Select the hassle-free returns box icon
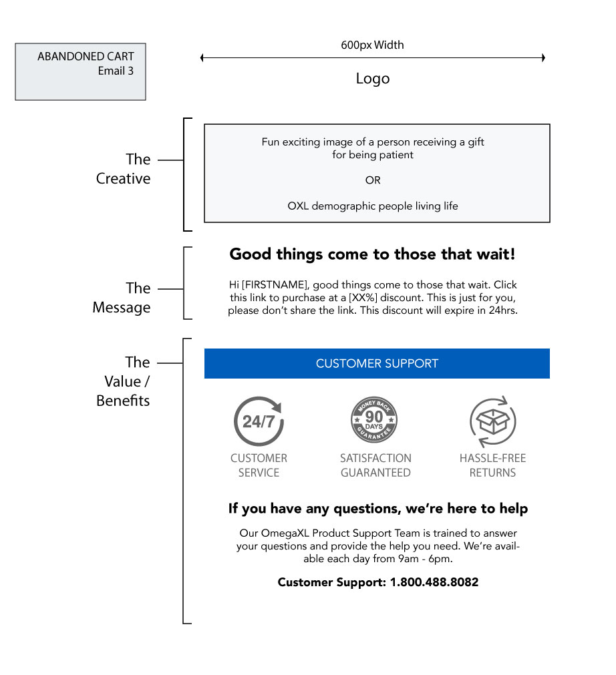pyautogui.click(x=493, y=422)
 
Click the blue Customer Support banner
pyautogui.click(x=377, y=364)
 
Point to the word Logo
pyautogui.click(x=373, y=79)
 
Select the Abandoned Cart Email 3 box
pyautogui.click(x=81, y=71)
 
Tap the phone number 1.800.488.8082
pyautogui.click(x=434, y=582)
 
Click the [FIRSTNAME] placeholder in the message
pyautogui.click(x=275, y=285)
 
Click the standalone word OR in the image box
pyautogui.click(x=373, y=180)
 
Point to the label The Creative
pyautogui.click(x=124, y=169)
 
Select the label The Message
pyautogui.click(x=122, y=298)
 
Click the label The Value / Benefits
pyautogui.click(x=123, y=381)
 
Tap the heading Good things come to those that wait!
pyautogui.click(x=373, y=254)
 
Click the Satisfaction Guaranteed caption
pyautogui.click(x=375, y=465)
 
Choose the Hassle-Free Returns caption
pyautogui.click(x=493, y=465)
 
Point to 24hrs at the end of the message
pyautogui.click(x=502, y=311)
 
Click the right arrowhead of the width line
pyautogui.click(x=544, y=57)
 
